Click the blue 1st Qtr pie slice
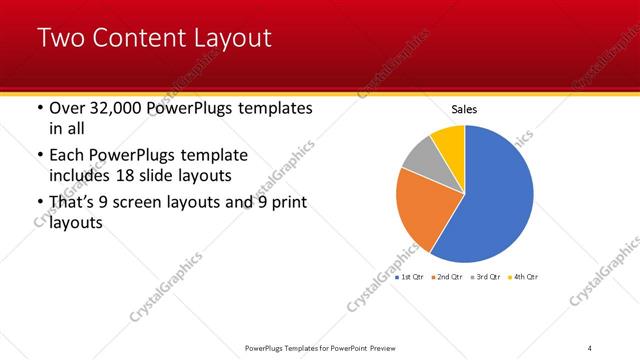tap(495, 195)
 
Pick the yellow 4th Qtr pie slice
tap(449, 139)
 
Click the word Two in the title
tap(62, 39)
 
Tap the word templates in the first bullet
tap(273, 107)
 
